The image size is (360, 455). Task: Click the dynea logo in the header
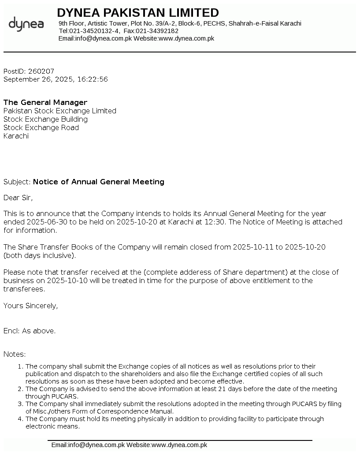26,24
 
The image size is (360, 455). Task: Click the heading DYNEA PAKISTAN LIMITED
137,12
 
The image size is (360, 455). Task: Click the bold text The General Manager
45,102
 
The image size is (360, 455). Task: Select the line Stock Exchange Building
45,119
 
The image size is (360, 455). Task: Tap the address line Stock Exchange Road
41,127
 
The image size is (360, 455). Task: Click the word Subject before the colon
16,182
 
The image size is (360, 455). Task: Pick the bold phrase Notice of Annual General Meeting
98,182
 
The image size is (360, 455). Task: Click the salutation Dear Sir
18,198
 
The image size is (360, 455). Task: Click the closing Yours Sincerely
30,306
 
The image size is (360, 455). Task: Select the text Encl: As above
30,331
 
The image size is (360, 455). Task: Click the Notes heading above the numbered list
15,354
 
